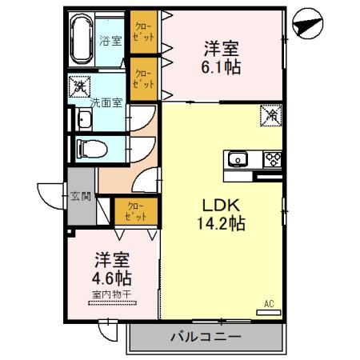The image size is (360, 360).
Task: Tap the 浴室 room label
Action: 110,40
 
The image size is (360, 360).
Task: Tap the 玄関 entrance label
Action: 80,194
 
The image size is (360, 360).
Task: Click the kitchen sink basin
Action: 238,159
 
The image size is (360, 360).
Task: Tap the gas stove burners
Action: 272,158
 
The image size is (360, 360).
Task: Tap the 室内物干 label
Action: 113,295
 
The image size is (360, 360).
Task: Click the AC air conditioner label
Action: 270,304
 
